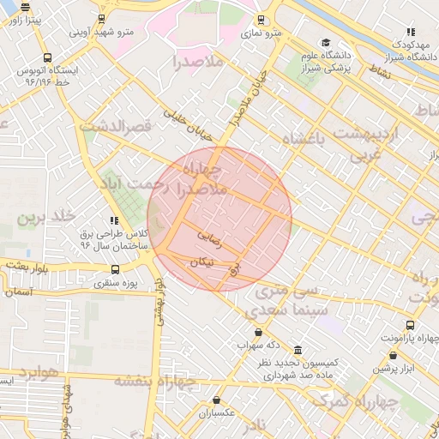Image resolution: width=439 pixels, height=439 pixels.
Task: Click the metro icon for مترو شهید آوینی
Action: pyautogui.click(x=102, y=19)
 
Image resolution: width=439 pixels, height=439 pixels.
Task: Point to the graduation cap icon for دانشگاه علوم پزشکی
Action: pyautogui.click(x=325, y=42)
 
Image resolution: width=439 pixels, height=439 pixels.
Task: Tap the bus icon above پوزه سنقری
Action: pyautogui.click(x=116, y=269)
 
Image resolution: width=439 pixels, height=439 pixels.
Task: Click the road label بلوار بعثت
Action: pyautogui.click(x=28, y=266)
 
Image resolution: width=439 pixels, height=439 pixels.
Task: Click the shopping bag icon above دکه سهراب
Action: pyautogui.click(x=258, y=333)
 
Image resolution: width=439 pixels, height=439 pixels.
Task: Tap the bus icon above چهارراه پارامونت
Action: pyautogui.click(x=410, y=326)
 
